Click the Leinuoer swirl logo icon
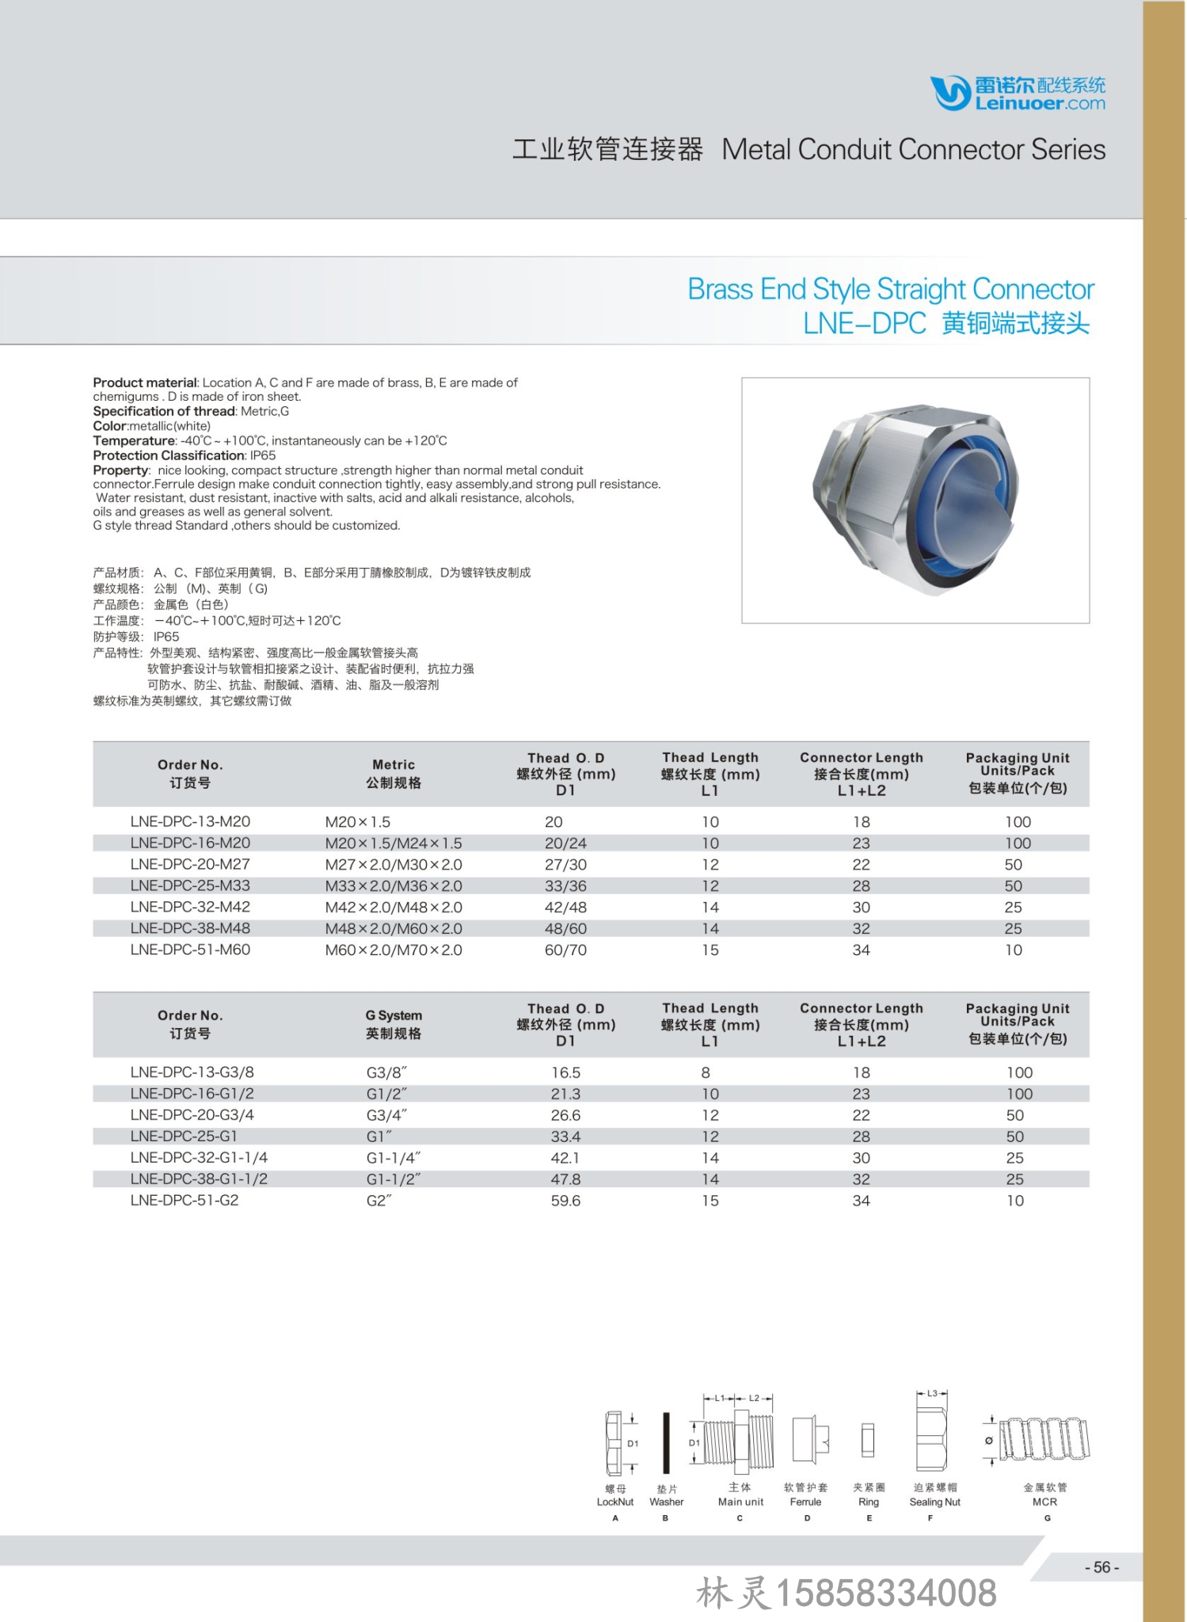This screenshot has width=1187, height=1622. (x=950, y=93)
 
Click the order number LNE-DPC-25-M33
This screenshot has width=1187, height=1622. (x=190, y=885)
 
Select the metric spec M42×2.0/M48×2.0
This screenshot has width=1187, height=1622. (x=394, y=907)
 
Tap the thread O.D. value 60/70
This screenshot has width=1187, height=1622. (x=565, y=950)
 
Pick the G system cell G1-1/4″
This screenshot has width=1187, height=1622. (x=394, y=1158)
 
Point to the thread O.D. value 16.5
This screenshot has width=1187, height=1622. (x=565, y=1072)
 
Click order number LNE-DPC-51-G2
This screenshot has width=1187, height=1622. (x=185, y=1201)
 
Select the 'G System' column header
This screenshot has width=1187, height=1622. (x=394, y=1015)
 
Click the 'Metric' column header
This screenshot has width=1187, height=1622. (x=394, y=764)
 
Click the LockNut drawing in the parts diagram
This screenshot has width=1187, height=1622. (x=614, y=1441)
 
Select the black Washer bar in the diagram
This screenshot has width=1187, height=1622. (x=666, y=1443)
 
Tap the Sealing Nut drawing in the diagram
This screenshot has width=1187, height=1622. (x=932, y=1442)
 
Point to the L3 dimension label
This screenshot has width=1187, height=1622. (x=932, y=1393)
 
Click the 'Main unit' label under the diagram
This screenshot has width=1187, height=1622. (x=740, y=1502)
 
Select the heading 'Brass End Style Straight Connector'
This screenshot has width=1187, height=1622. (x=890, y=289)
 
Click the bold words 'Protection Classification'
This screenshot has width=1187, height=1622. (x=169, y=455)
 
